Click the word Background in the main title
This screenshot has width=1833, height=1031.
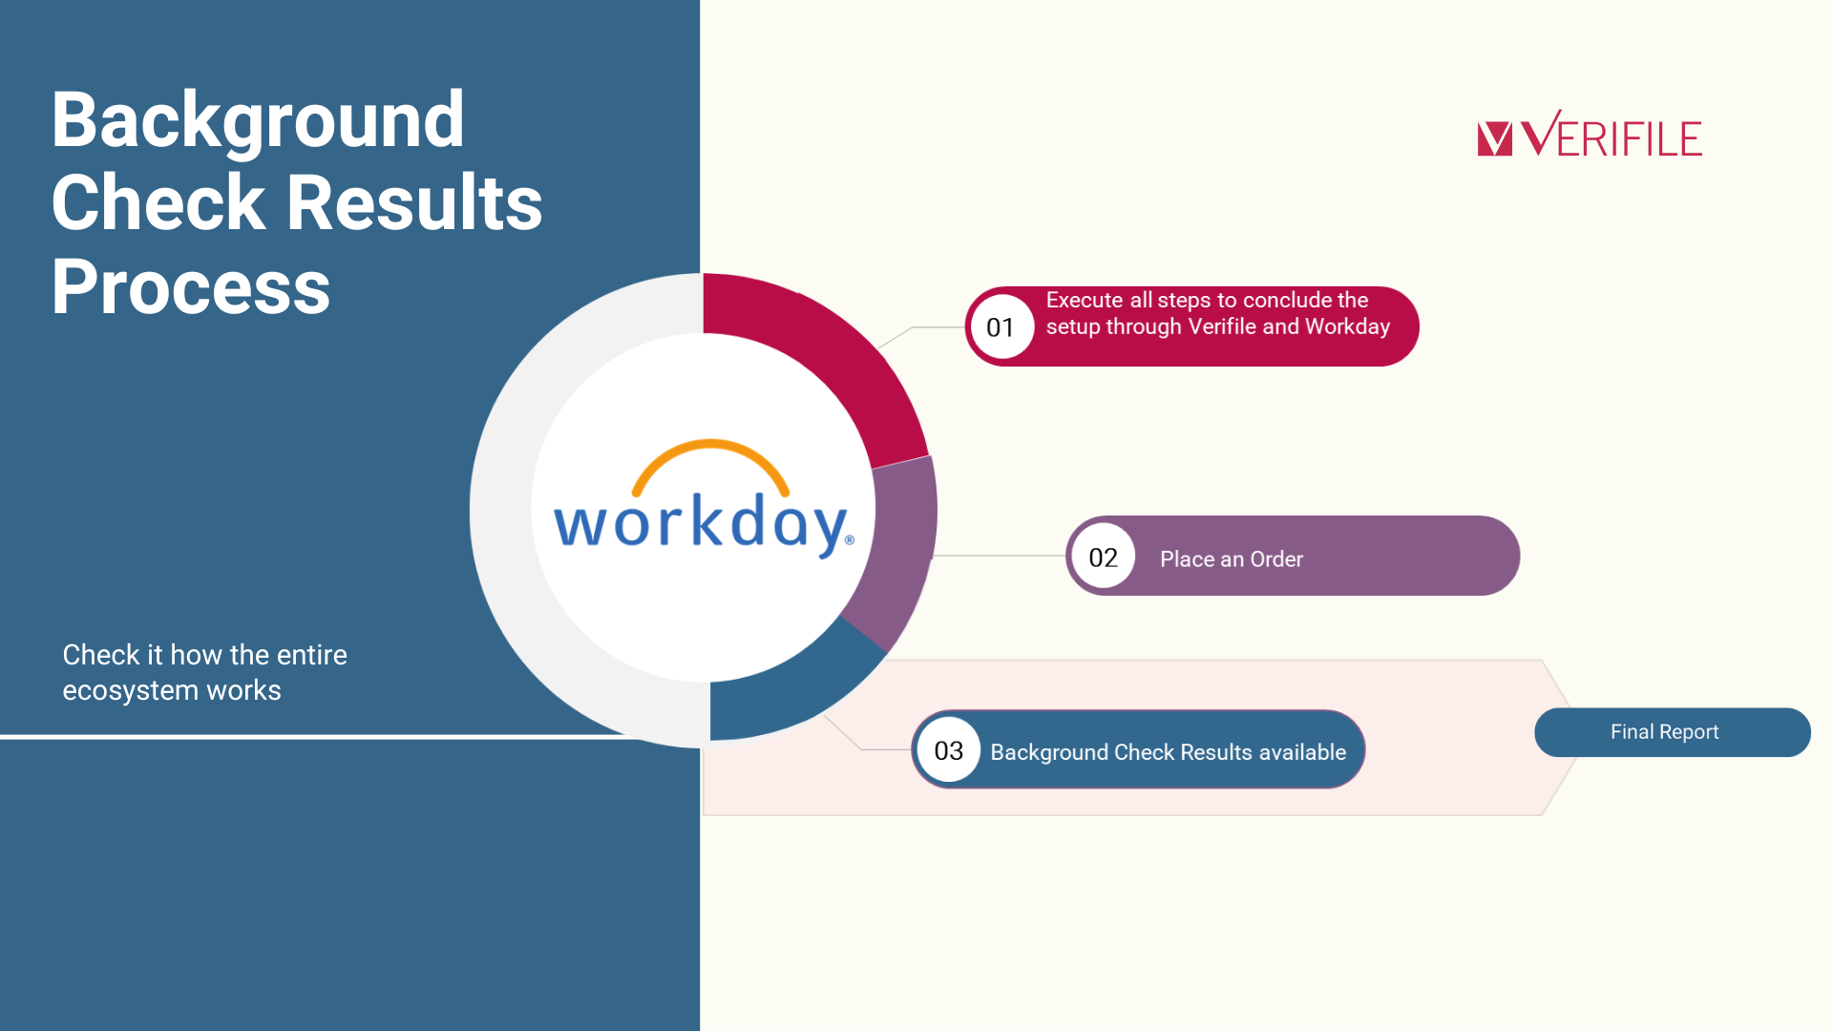tap(258, 122)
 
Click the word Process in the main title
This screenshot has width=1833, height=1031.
tap(191, 286)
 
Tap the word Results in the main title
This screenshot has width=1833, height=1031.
tap(414, 202)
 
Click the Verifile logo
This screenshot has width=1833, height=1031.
tap(1590, 134)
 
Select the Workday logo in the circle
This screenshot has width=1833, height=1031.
tap(705, 499)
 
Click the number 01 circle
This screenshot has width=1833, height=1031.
tap(1001, 327)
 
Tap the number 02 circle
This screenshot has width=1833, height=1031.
tap(1103, 557)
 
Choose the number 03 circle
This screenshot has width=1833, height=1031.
tap(948, 750)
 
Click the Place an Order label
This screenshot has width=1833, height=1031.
tap(1232, 559)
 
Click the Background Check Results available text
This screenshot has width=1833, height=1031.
tap(1169, 752)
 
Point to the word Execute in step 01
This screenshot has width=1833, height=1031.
tap(1084, 300)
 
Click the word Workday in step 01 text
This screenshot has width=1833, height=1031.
tap(1347, 327)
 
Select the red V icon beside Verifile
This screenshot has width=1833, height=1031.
tap(1495, 138)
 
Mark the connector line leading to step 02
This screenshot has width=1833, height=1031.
tap(999, 556)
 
